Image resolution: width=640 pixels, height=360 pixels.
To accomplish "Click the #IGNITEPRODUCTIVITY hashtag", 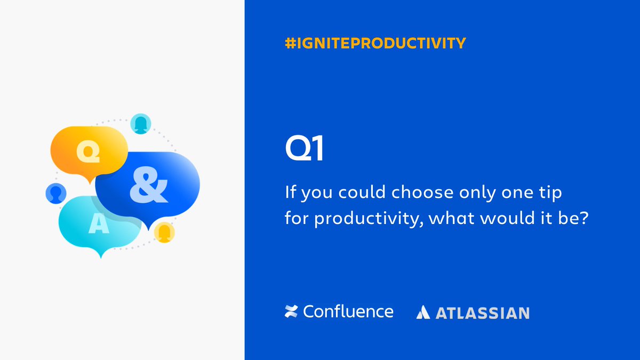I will click(375, 43).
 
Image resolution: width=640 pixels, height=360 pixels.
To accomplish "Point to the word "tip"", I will click(550, 193).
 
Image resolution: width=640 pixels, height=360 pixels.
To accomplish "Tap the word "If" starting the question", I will click(291, 193).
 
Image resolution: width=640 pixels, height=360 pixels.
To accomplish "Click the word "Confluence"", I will click(348, 311).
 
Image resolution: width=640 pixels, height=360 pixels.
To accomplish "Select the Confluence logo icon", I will click(291, 312).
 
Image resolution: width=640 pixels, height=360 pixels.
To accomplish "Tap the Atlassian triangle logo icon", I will click(423, 313).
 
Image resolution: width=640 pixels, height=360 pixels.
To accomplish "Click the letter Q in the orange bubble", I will click(89, 151).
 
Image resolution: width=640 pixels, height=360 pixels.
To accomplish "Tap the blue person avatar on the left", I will click(55, 193).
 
